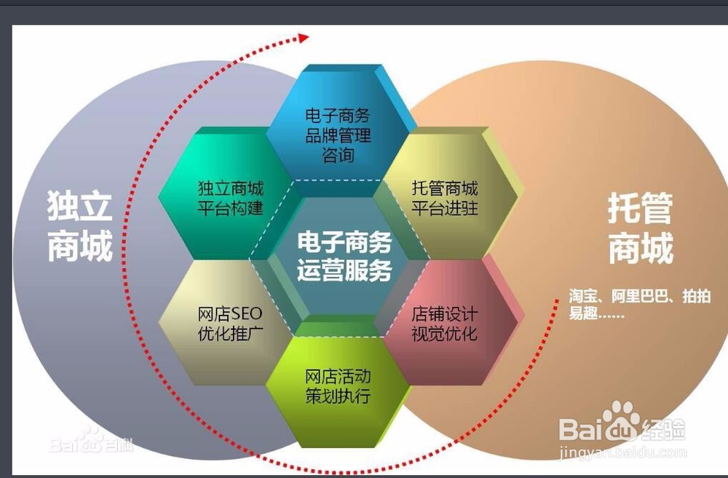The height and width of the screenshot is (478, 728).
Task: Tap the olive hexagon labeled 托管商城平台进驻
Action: coord(445,197)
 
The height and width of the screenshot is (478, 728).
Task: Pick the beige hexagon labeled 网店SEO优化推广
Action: coord(230,324)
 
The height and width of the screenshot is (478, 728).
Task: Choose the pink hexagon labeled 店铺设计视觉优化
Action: coord(445,324)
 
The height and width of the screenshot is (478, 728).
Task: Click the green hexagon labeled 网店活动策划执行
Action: coord(338,387)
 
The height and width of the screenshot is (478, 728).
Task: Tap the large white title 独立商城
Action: coord(80,227)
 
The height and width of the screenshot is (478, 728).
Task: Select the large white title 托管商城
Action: coord(640,230)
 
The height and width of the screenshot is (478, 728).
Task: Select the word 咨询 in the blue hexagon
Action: coord(338,155)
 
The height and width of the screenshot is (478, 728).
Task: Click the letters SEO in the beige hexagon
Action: coord(247,314)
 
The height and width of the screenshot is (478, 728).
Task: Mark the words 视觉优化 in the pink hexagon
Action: coord(445,334)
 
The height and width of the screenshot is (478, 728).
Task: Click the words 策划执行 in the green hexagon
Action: coord(338,397)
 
